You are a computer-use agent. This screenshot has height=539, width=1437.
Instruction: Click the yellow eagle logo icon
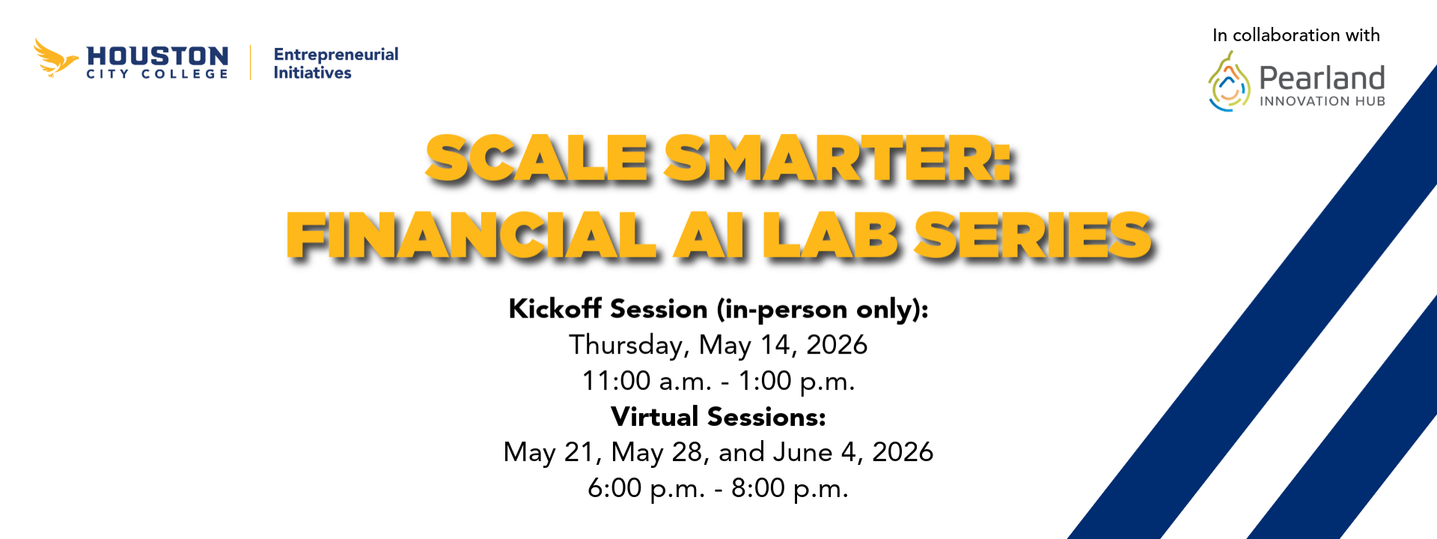(x=55, y=58)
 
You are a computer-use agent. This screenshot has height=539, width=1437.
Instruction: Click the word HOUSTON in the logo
(x=157, y=56)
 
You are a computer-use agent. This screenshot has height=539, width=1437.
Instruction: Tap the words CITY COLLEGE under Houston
(x=157, y=74)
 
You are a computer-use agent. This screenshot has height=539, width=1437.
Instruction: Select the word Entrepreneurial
(x=336, y=55)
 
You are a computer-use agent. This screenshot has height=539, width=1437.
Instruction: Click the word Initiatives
(x=312, y=73)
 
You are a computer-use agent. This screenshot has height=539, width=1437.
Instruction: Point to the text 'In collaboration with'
(x=1296, y=35)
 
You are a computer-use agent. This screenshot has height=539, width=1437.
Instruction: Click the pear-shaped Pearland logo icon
(x=1229, y=82)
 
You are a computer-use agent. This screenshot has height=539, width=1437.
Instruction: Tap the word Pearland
(x=1322, y=78)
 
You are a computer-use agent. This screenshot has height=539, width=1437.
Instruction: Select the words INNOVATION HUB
(x=1322, y=101)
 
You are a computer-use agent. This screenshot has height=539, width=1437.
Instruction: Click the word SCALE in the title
(x=536, y=159)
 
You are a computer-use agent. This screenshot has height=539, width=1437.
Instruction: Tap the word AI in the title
(x=710, y=236)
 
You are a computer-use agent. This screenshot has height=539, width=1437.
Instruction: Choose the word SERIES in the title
(x=1033, y=236)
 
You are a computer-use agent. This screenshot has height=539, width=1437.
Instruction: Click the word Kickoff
(x=555, y=308)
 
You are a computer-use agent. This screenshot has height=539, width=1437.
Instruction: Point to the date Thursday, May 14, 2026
(x=718, y=345)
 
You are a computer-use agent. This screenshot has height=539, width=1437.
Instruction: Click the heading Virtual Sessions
(x=718, y=417)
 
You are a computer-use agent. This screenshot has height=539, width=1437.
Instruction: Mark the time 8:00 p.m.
(x=790, y=488)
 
